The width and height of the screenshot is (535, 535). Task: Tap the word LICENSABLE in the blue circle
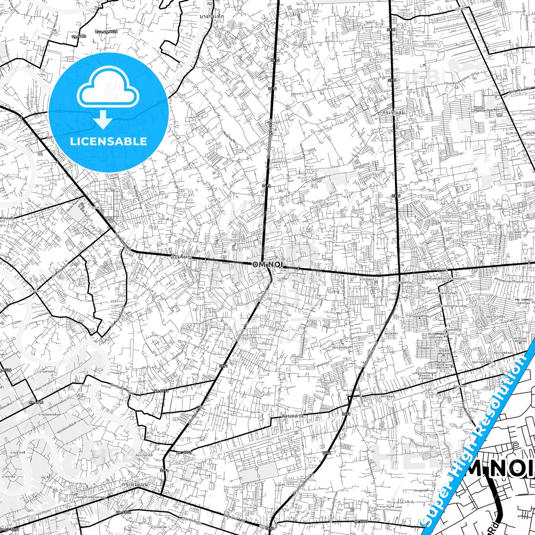pyautogui.click(x=108, y=141)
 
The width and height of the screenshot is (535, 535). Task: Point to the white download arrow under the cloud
pyautogui.click(x=103, y=119)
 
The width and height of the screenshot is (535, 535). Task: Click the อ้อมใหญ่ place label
pyautogui.click(x=181, y=256)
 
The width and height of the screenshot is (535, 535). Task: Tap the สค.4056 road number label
pyautogui.click(x=122, y=512)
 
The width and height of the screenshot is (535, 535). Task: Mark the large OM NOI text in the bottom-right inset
pyautogui.click(x=504, y=469)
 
